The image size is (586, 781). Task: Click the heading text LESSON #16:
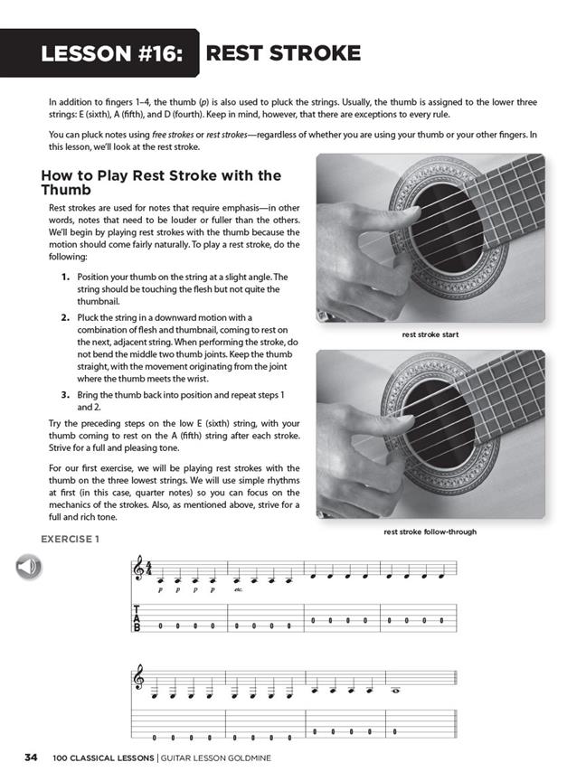(x=113, y=53)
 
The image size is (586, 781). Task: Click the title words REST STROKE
(x=283, y=53)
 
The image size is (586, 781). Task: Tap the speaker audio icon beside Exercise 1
(x=28, y=567)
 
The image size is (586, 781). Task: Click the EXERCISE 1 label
(x=70, y=540)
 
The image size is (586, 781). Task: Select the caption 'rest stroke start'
(x=430, y=334)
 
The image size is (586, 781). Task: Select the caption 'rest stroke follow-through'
(x=430, y=532)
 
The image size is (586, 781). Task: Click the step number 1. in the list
(x=66, y=277)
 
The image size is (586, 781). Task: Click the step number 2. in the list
(x=66, y=318)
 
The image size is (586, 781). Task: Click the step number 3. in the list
(x=66, y=395)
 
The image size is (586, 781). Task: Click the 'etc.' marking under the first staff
(x=239, y=589)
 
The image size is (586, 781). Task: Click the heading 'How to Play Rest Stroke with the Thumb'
(x=161, y=183)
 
